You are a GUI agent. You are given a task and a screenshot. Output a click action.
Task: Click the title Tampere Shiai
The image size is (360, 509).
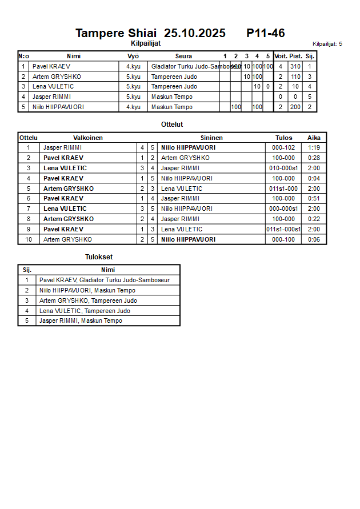[115, 33]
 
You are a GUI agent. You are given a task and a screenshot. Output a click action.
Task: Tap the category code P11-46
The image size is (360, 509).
[266, 33]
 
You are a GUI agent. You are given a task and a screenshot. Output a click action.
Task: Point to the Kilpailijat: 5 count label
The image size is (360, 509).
[327, 43]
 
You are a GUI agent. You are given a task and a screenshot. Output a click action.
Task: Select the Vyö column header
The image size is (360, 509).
[133, 56]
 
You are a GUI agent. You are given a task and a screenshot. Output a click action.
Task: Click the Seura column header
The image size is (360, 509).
[183, 56]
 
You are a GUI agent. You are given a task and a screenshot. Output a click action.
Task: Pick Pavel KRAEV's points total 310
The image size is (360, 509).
[295, 66]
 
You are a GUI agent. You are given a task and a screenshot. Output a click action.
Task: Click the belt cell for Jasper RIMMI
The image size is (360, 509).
[133, 97]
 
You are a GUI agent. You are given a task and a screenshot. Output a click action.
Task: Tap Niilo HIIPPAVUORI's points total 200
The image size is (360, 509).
[295, 107]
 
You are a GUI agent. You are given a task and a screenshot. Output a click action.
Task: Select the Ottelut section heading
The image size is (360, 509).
[172, 124]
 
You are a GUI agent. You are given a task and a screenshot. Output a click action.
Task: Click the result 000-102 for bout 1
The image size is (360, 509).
[283, 147]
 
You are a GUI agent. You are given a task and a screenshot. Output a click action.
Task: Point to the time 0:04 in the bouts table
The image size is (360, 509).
[314, 178]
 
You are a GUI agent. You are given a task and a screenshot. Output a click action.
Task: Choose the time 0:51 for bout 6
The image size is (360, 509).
[314, 198]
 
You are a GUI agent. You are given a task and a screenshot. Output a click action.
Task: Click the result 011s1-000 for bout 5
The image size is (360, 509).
[283, 189]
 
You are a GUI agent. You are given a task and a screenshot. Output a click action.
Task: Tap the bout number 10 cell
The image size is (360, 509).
[29, 239]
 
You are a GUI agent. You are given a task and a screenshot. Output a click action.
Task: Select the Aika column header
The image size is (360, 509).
[314, 138]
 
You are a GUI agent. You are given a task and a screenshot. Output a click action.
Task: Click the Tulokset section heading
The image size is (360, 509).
[99, 257]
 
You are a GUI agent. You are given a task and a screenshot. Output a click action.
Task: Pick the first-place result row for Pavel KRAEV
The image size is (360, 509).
[105, 280]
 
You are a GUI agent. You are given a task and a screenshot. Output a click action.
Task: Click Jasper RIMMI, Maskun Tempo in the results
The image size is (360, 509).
[81, 320]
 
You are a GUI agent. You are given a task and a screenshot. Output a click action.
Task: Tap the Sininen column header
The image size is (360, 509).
[211, 138]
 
